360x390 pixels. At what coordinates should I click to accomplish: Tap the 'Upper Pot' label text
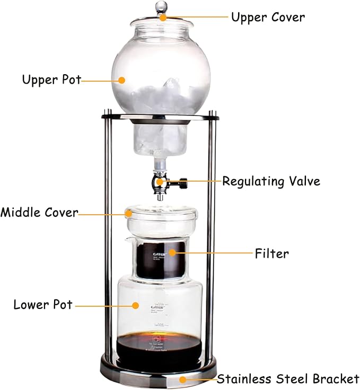click(x=51, y=80)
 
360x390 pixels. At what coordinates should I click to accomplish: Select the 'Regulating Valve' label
click(x=271, y=181)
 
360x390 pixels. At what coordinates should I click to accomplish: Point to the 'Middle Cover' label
click(x=39, y=213)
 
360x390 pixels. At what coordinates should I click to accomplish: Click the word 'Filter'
click(x=271, y=253)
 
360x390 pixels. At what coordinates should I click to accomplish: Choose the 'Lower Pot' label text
click(x=43, y=305)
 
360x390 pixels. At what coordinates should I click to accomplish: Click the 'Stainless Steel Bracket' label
click(x=288, y=379)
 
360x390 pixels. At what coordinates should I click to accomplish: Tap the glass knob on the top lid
click(x=161, y=7)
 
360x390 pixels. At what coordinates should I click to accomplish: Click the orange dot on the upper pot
click(x=122, y=80)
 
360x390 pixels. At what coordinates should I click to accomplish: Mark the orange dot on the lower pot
click(x=136, y=305)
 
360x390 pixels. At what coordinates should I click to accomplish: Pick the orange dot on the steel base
click(x=183, y=379)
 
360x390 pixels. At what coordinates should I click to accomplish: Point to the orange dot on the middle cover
click(x=129, y=213)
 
